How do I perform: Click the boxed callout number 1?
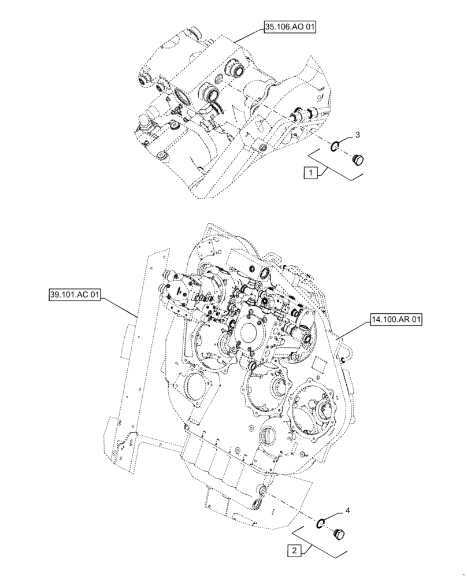click(310, 173)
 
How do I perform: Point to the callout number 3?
click(357, 135)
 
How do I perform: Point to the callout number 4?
click(347, 511)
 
